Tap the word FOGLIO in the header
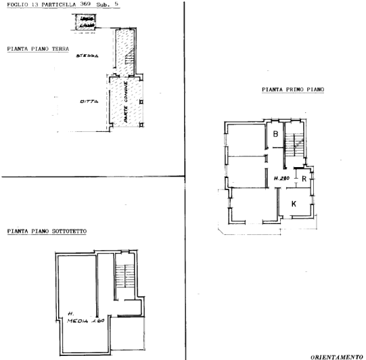14,5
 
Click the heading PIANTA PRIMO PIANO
292,89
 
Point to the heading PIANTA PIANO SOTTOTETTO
50,231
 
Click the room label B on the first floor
276,134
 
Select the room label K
294,203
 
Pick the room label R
304,179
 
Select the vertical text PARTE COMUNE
127,101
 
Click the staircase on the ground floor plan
127,65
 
